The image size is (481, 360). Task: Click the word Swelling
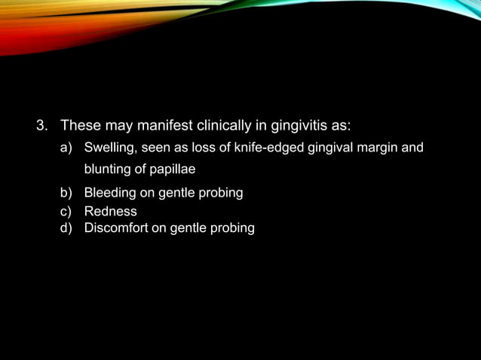[109, 147]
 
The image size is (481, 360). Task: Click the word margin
[379, 147]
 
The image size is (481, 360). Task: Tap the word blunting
[107, 169]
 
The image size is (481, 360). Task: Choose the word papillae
[172, 169]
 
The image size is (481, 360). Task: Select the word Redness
[110, 212]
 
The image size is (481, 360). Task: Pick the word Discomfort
[116, 227]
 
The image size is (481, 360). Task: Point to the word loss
[206, 147]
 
